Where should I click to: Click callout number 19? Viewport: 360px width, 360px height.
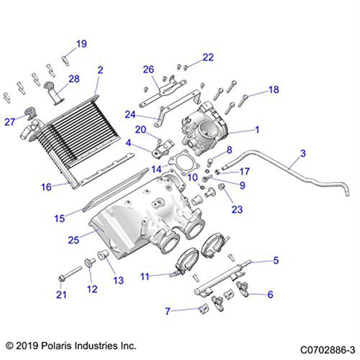point(81,44)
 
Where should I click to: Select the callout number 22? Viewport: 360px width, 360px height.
point(208,57)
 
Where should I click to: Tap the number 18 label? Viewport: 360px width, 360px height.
point(274,90)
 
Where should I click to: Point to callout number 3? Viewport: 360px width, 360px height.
point(303,153)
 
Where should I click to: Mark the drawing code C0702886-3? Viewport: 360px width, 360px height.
point(327,350)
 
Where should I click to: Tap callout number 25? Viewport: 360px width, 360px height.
point(74,239)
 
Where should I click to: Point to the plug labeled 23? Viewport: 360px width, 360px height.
point(222,186)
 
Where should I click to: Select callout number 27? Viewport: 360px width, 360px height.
point(10,122)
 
